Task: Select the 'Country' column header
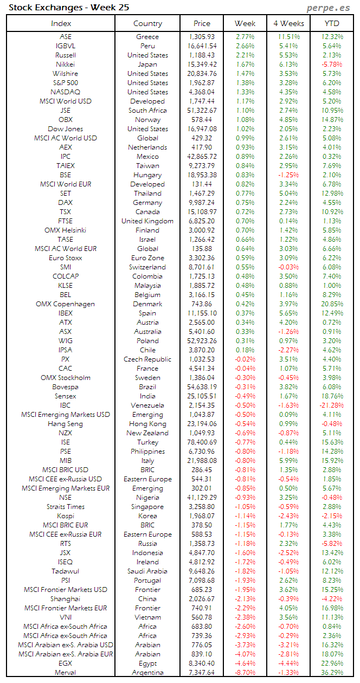point(147,23)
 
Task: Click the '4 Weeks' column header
point(288,23)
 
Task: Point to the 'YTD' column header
point(332,23)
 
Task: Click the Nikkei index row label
point(65,65)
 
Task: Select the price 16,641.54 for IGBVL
point(202,46)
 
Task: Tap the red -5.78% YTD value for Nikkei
point(332,65)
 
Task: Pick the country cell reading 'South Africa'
point(147,111)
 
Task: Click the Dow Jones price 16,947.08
point(202,129)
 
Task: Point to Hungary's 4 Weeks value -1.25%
point(288,175)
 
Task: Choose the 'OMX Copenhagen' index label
point(65,304)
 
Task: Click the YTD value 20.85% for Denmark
point(331,304)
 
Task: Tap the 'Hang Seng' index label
point(65,424)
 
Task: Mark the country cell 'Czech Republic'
point(147,359)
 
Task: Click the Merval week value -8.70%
point(245,673)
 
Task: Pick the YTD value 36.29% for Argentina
point(331,673)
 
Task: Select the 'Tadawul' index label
point(65,571)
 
